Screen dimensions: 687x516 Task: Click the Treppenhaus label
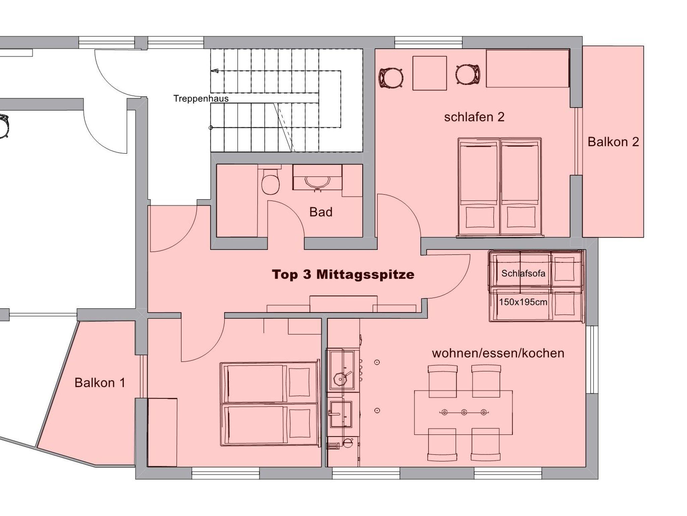tap(201, 99)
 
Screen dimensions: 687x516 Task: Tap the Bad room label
tap(321, 212)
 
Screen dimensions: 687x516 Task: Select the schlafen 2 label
tap(474, 117)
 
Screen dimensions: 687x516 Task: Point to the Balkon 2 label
tap(613, 142)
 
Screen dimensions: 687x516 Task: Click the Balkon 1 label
tap(100, 383)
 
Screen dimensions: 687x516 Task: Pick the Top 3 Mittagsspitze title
tap(343, 274)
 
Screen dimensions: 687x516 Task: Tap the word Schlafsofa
tap(523, 273)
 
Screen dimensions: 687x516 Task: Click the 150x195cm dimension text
tap(523, 302)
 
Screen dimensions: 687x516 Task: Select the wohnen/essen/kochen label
tap(498, 353)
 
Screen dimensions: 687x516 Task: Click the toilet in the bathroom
tap(270, 182)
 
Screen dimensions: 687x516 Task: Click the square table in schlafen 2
tap(429, 73)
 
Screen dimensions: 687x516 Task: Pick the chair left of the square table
tap(391, 78)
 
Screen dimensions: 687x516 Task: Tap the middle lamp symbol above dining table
tap(464, 412)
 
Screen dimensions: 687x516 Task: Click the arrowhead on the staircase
tap(214, 71)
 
